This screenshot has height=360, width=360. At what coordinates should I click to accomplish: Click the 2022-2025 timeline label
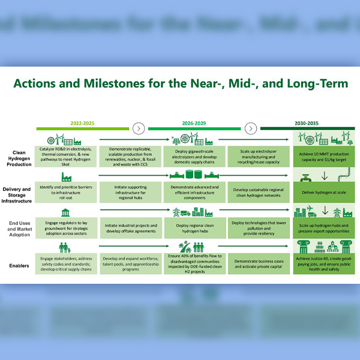point(82,123)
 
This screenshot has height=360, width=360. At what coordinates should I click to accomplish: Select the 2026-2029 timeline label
point(194,123)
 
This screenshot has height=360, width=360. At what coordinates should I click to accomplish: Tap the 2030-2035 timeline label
point(306,123)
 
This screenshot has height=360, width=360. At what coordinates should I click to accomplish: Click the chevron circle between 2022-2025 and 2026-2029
point(139,128)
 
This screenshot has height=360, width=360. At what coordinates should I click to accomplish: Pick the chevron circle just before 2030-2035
point(250,128)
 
